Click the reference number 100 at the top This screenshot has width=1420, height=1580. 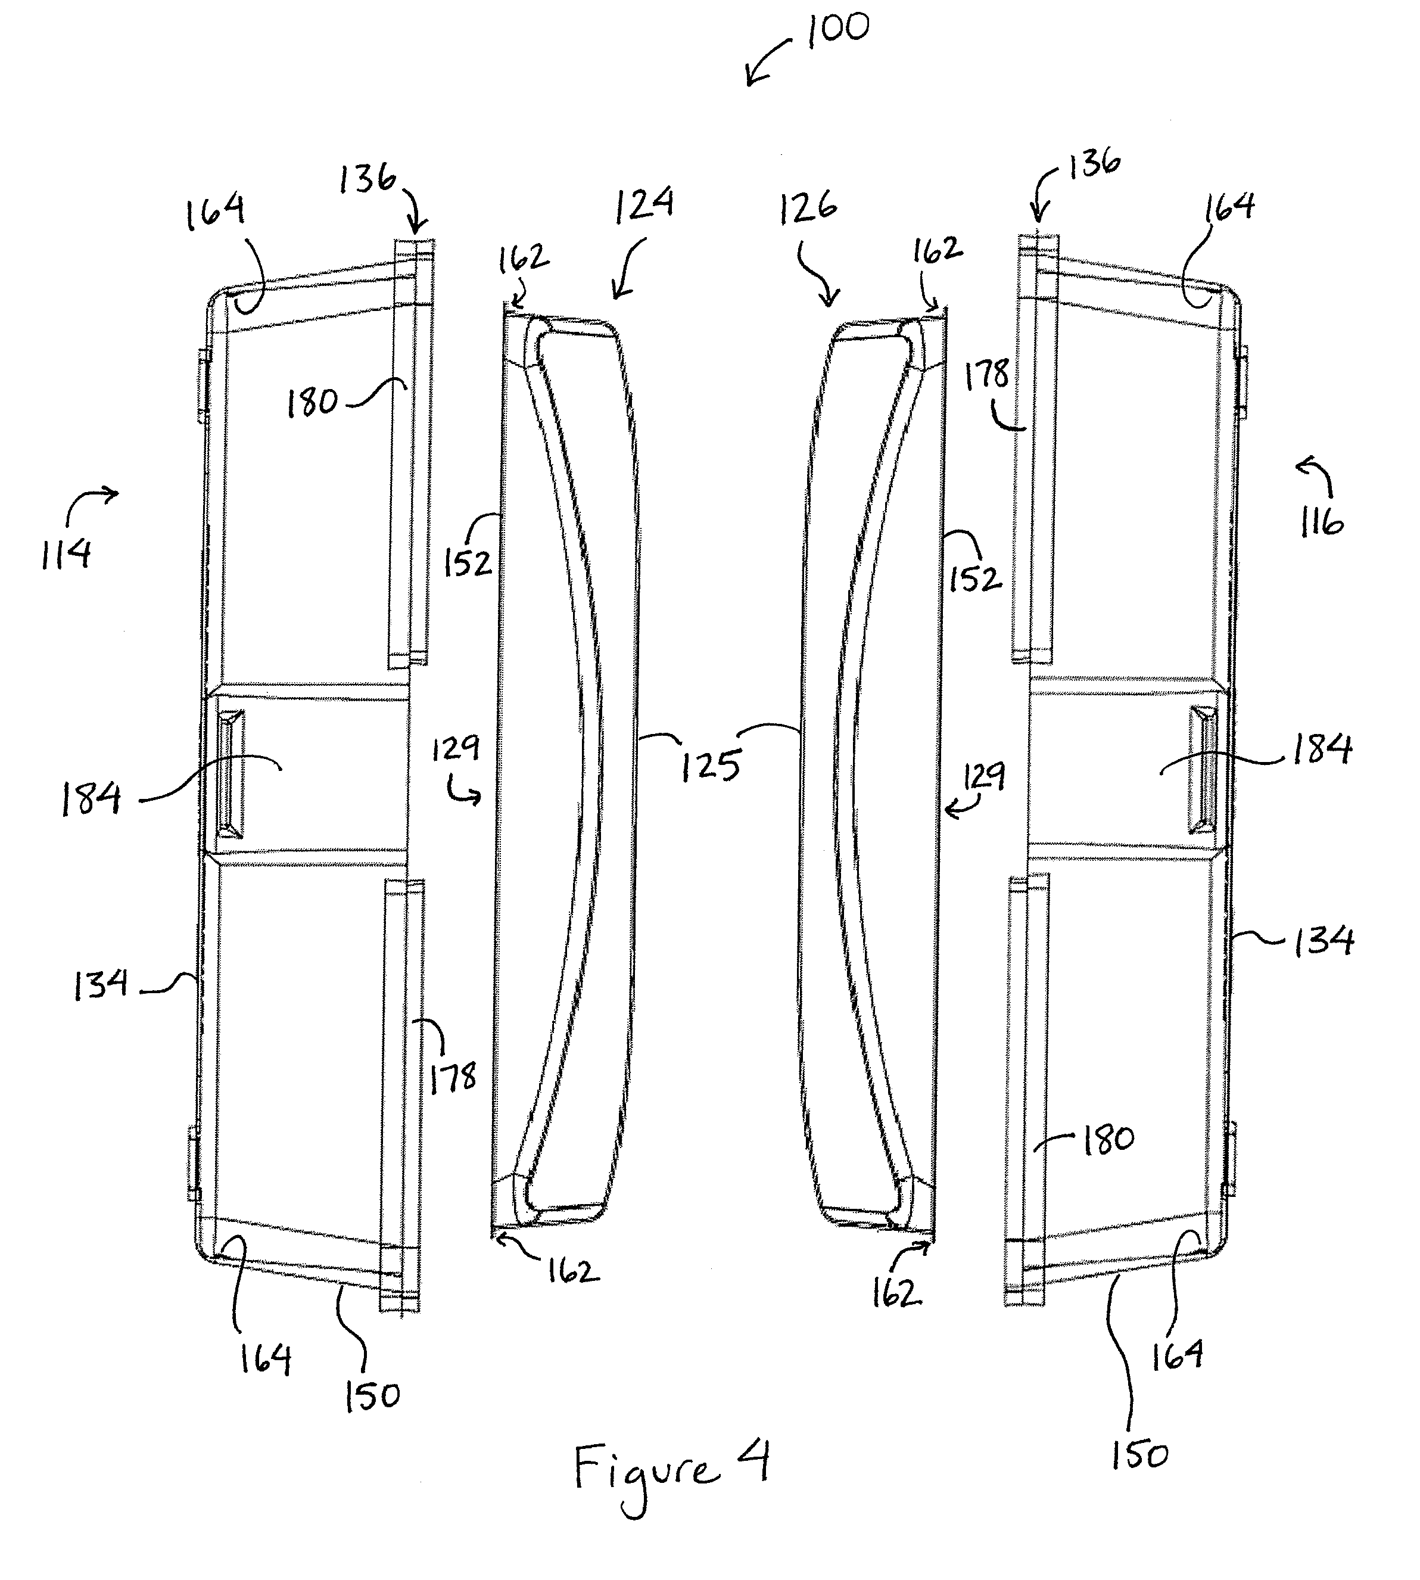(x=838, y=30)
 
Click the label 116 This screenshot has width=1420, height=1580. (x=1321, y=521)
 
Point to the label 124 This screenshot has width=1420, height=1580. (x=644, y=204)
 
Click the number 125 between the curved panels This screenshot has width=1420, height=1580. (x=710, y=766)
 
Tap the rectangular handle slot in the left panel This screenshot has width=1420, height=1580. (x=230, y=773)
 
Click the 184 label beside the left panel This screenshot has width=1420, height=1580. (x=91, y=798)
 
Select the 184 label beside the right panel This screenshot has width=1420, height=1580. (x=1322, y=749)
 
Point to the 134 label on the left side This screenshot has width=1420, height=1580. (x=101, y=985)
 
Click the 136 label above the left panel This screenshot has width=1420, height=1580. (x=368, y=179)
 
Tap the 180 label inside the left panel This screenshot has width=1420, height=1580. (x=312, y=403)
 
